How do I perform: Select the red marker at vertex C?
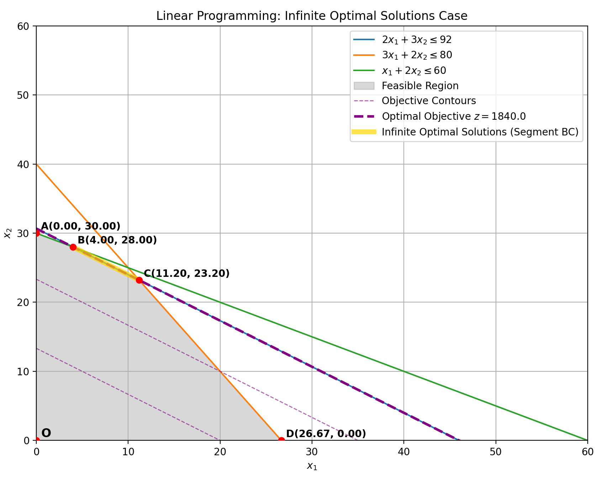pos(139,280)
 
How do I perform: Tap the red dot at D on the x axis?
pos(281,440)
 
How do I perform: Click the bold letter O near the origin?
pos(46,433)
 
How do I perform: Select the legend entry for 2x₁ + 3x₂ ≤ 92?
pos(416,40)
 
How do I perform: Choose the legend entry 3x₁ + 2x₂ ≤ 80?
pos(417,55)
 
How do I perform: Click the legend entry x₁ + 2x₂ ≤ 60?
pos(413,70)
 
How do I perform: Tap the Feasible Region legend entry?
pos(420,86)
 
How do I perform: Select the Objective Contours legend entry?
pos(428,101)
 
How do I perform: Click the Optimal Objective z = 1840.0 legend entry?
pos(453,116)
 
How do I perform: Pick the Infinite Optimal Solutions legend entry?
pos(480,132)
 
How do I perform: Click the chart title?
pos(312,16)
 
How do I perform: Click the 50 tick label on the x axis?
pos(496,452)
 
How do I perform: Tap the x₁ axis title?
pos(312,466)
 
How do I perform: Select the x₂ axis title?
pos(7,233)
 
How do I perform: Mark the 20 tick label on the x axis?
pos(220,452)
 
